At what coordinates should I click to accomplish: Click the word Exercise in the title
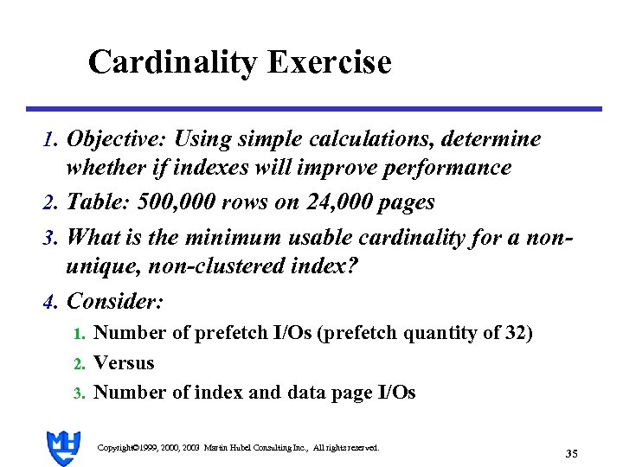(x=330, y=62)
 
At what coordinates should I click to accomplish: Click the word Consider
(x=113, y=301)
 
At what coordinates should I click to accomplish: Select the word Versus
(x=124, y=363)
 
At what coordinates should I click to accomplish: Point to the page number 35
(x=571, y=453)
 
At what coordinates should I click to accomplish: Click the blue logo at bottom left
(x=63, y=448)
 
